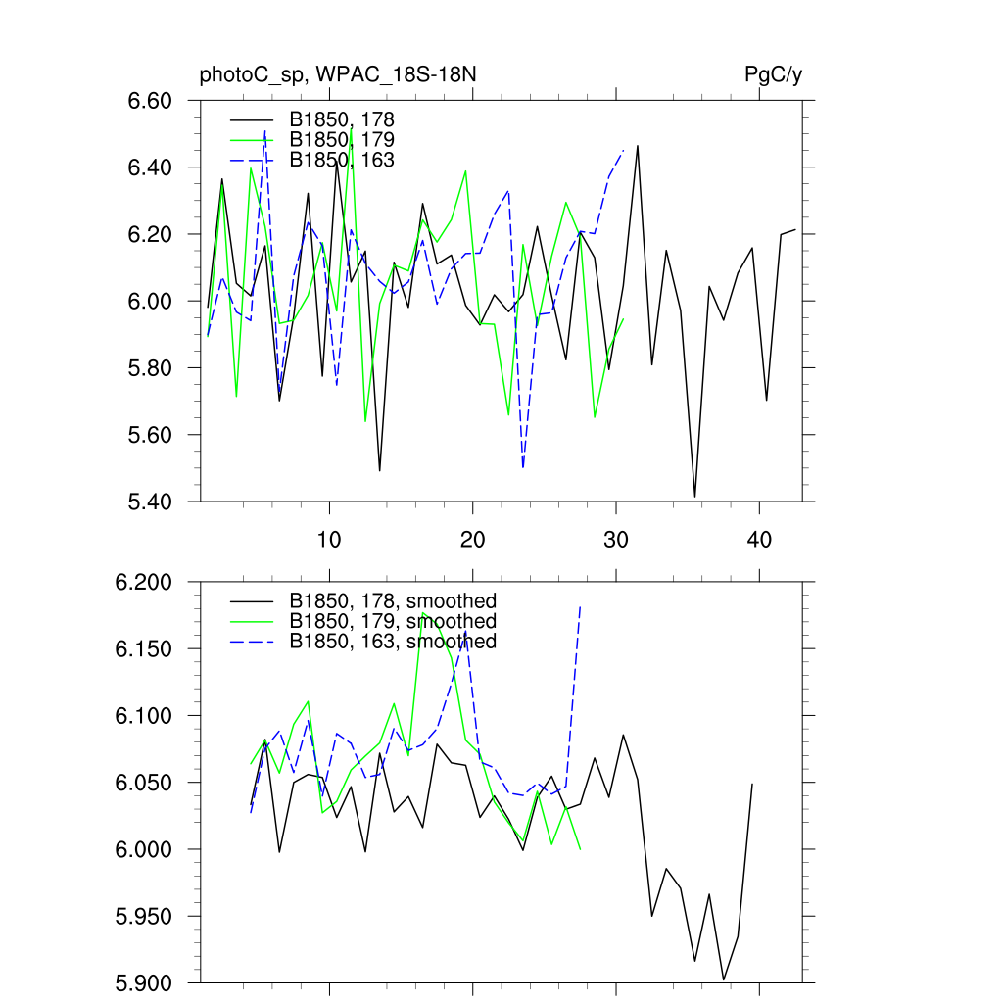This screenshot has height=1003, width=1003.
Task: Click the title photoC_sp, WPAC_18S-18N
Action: pos(338,75)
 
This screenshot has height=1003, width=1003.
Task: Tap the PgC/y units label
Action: pos(773,75)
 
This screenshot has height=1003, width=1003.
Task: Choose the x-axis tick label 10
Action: pos(329,540)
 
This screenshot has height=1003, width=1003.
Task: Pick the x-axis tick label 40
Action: pos(758,540)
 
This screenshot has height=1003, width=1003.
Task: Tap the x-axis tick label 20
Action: pos(472,540)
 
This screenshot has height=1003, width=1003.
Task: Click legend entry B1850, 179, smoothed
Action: pos(393,621)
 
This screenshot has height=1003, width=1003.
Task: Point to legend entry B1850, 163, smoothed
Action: pos(393,642)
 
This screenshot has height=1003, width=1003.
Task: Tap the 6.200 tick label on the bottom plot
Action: pos(144,583)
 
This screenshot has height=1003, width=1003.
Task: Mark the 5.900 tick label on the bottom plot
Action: pos(144,982)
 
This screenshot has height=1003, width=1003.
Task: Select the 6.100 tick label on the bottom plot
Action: pos(144,716)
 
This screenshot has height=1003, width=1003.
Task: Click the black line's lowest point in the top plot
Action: pos(695,497)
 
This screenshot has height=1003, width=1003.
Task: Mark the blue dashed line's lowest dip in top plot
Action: pos(523,468)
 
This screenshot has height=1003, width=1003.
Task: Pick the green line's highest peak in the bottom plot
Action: pos(422,613)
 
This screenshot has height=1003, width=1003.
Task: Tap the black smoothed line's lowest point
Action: pos(724,979)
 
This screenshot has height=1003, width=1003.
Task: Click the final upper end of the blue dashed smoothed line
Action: pos(581,606)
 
